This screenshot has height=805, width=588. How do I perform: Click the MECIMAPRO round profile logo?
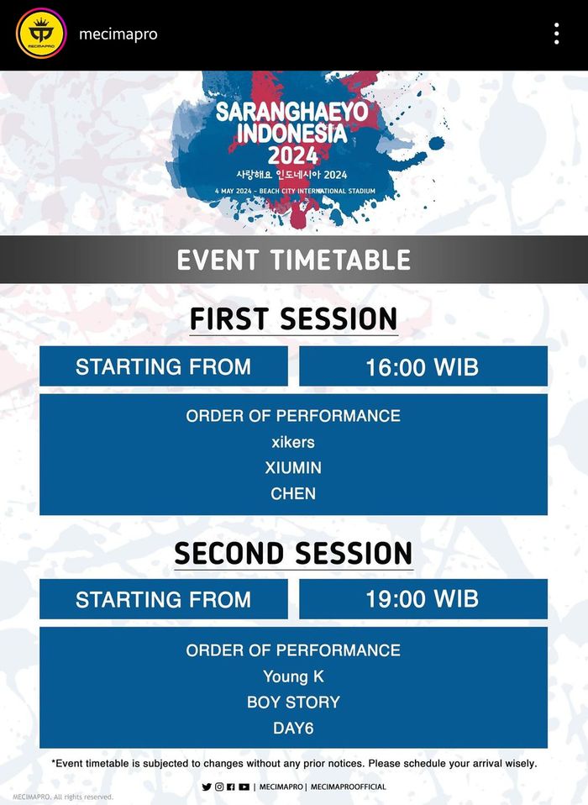click(41, 34)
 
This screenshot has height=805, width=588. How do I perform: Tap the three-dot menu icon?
click(556, 34)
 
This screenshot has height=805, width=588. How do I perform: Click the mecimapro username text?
click(118, 34)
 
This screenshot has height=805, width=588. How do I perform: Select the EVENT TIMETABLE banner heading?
click(293, 259)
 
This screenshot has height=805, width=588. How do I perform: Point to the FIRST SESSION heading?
click(293, 319)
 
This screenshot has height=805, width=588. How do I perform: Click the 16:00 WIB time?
click(422, 366)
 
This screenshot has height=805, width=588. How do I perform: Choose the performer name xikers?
click(293, 442)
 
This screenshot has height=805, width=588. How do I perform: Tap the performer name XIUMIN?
click(293, 467)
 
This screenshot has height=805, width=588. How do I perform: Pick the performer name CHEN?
click(293, 493)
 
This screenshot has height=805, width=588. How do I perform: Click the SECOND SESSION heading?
click(293, 553)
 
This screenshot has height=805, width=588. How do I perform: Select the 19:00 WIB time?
click(422, 599)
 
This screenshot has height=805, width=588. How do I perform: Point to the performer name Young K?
click(293, 676)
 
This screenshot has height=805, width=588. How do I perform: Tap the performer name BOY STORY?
click(293, 702)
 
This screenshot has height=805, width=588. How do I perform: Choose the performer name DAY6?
click(293, 729)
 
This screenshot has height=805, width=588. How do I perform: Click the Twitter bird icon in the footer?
click(207, 787)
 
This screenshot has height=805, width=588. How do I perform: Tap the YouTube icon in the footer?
click(244, 787)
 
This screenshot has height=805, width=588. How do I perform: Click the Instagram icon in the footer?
click(219, 787)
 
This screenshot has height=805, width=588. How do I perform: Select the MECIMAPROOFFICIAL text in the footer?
click(349, 787)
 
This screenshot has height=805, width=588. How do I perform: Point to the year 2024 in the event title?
click(293, 155)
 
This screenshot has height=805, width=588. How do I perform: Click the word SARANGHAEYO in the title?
click(286, 113)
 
